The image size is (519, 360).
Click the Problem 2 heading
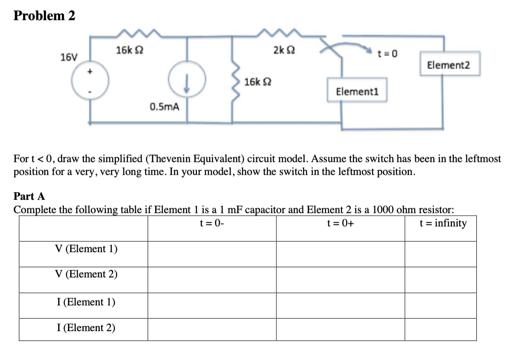[x=44, y=16]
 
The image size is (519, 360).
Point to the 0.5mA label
[x=165, y=106]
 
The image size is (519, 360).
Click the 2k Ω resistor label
[x=283, y=50]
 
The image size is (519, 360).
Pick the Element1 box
[x=357, y=91]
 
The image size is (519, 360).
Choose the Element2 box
[x=448, y=66]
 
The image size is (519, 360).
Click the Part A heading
[x=29, y=196]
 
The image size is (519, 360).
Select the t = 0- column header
[x=212, y=223]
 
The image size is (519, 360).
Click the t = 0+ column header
[x=340, y=223]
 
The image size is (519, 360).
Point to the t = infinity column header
[x=443, y=223]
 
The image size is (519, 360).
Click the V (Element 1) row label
[x=86, y=249]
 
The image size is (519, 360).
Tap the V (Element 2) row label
[x=86, y=274]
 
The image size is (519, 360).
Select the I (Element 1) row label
[x=86, y=302]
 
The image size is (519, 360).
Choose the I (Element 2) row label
[x=86, y=328]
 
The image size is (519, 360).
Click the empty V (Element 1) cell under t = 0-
[x=212, y=254]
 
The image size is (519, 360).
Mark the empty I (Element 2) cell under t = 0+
[x=340, y=329]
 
